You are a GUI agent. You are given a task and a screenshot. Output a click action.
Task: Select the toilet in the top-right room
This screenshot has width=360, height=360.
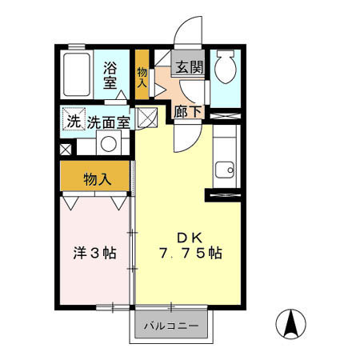pos(226,69)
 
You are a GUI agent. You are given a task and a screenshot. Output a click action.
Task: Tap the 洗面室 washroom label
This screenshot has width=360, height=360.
pos(109,123)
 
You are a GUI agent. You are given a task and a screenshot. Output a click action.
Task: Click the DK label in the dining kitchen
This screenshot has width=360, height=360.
pos(189,237)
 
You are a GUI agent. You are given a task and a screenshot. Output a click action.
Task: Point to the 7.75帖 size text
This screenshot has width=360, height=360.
pos(190,254)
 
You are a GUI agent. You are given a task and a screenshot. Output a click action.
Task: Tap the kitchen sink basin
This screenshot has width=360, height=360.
pos(224,170)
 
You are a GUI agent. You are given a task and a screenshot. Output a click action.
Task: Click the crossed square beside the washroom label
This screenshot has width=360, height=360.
pos(146,118)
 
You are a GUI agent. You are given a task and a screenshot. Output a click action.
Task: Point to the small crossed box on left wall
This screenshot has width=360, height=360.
pos(66,149)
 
